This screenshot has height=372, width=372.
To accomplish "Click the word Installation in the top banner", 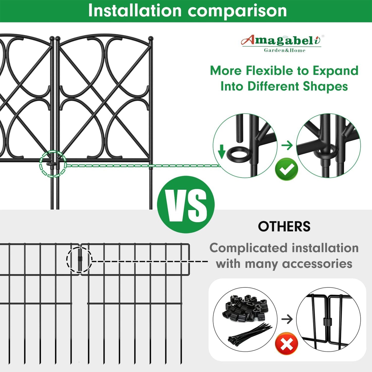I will (x=135, y=11).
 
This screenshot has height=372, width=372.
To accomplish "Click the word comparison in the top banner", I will (x=237, y=11).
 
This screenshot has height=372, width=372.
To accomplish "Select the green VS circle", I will (x=186, y=205).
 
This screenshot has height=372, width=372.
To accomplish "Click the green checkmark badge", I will (x=286, y=169).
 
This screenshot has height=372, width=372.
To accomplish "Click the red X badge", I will (x=286, y=343).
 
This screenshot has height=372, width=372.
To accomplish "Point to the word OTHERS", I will (x=284, y=227).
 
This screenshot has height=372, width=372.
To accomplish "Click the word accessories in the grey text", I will (x=317, y=264).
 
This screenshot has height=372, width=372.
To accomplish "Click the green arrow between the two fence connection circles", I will (x=287, y=145).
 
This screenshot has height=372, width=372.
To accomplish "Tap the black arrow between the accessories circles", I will (x=287, y=319).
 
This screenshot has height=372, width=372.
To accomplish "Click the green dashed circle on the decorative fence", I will (x=53, y=164).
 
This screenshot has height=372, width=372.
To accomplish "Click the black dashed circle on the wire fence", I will (x=79, y=259).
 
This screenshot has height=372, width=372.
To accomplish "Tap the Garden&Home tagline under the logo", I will (x=284, y=50).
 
